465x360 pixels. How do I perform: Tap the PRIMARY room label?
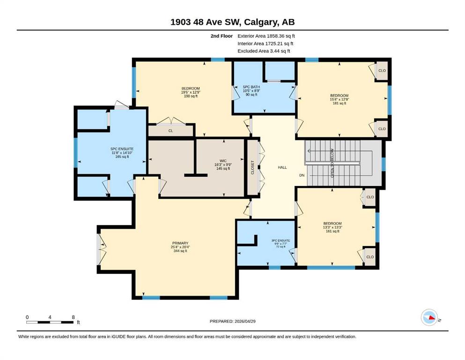click(180, 243)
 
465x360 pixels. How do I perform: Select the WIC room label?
click(223, 161)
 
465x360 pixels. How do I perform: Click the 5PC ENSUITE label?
click(122, 149)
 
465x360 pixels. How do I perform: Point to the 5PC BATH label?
click(251, 87)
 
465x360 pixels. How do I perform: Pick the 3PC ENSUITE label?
click(281, 240)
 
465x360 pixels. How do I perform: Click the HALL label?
click(282, 167)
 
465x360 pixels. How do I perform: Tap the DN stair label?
click(302, 175)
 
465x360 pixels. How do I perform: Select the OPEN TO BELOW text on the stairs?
click(332, 163)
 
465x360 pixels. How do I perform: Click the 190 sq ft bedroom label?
click(191, 96)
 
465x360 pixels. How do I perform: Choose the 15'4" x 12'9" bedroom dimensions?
click(340, 99)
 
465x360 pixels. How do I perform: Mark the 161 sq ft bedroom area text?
click(332, 231)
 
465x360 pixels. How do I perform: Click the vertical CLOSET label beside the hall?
click(253, 167)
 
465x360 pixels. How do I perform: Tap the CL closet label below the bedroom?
click(171, 131)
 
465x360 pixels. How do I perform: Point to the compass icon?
click(429, 317)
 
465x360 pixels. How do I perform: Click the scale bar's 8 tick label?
click(73, 317)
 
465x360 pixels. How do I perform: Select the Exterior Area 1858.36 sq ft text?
click(266, 36)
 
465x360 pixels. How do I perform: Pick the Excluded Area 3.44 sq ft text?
click(264, 51)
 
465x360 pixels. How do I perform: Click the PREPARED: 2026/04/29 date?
click(232, 321)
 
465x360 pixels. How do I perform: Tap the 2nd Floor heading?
click(221, 36)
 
